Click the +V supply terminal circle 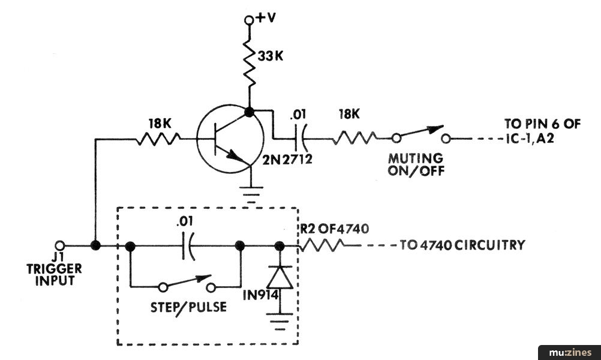click(x=249, y=20)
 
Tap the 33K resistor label click(x=271, y=56)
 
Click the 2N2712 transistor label click(x=287, y=159)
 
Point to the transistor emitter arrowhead click(x=234, y=156)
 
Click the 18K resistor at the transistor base click(x=158, y=139)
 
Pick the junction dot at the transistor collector click(x=249, y=112)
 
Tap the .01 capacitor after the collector click(x=300, y=139)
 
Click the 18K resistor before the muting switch click(x=354, y=137)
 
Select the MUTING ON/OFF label click(x=416, y=164)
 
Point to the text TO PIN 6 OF click(x=542, y=124)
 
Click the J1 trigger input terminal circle click(x=60, y=245)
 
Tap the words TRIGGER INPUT click(x=54, y=274)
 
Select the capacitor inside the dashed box click(x=187, y=246)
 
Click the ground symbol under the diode click(x=280, y=321)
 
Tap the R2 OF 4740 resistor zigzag click(x=321, y=245)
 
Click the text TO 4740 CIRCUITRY click(x=462, y=245)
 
